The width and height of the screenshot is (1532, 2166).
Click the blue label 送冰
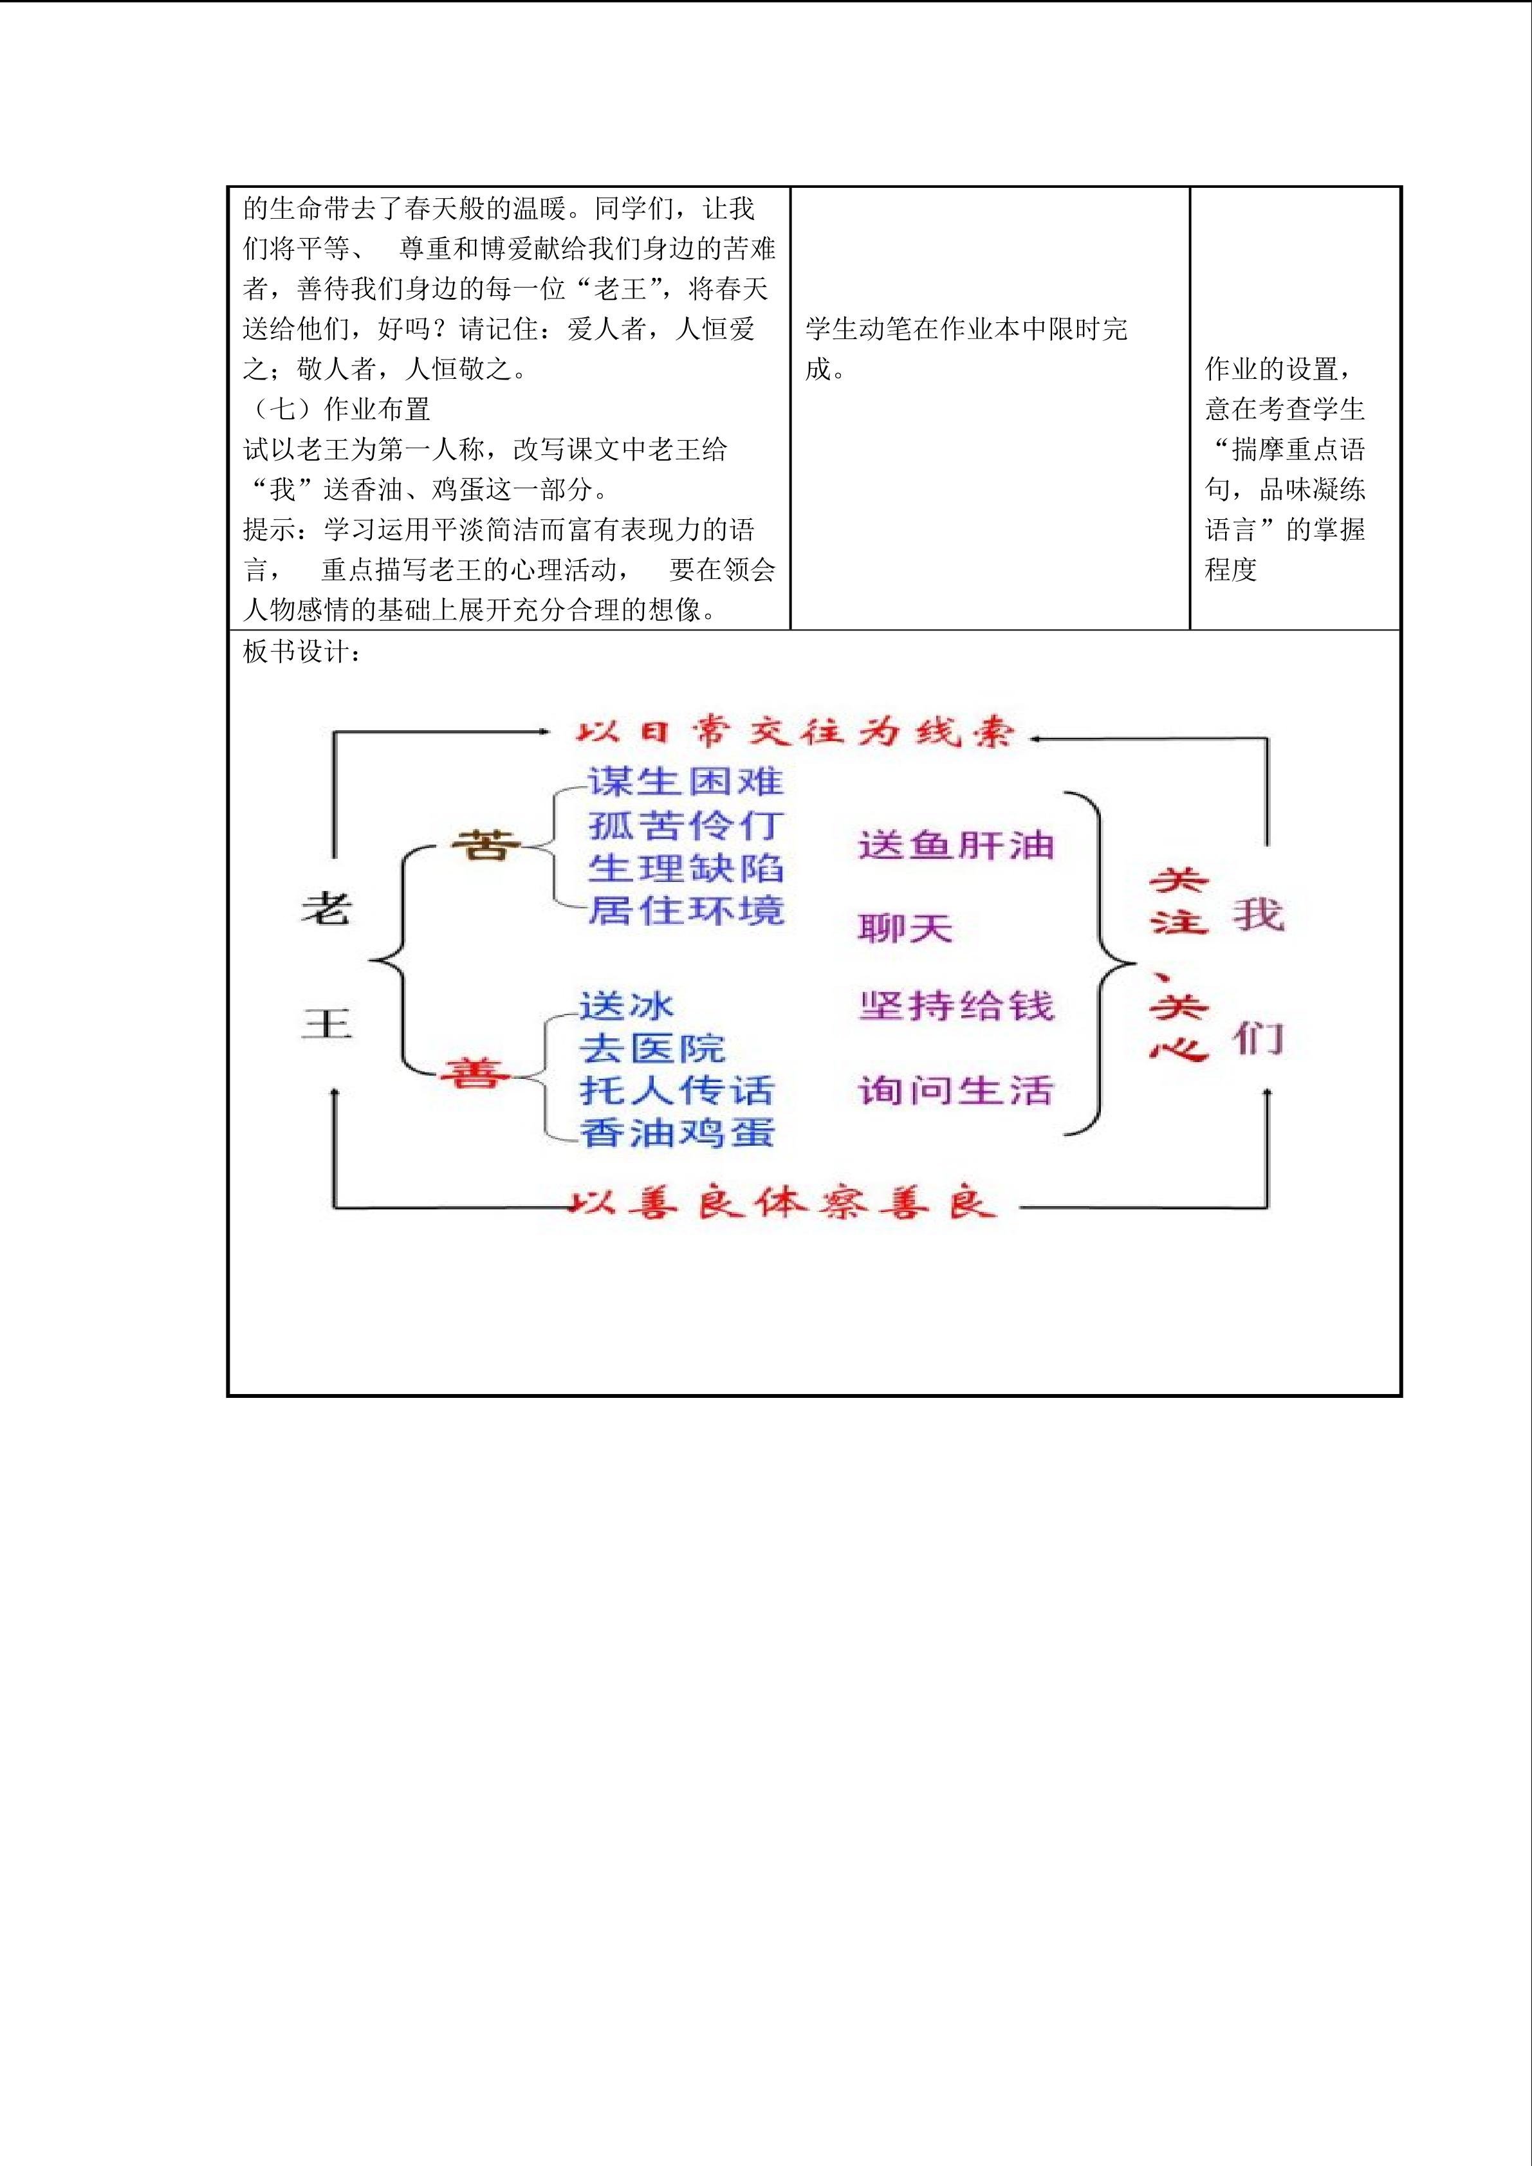tap(627, 1005)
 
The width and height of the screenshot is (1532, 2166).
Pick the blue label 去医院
tap(651, 1048)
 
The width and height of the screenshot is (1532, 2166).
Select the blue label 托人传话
tap(676, 1090)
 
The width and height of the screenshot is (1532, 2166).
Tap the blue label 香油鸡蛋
tap(676, 1132)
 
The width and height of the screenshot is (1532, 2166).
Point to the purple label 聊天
tap(905, 928)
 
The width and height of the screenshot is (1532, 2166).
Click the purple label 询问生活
tap(955, 1090)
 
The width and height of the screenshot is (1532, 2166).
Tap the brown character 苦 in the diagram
tap(485, 845)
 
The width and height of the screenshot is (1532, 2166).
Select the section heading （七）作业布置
tap(337, 408)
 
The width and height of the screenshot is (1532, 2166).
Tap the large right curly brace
tap(1103, 962)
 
